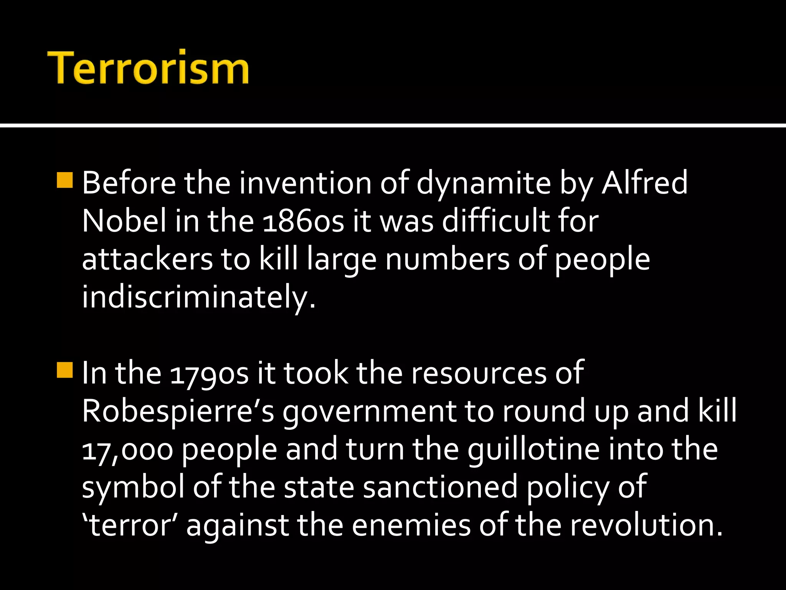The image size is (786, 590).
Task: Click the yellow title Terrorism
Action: click(148, 67)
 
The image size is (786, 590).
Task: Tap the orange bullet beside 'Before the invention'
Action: click(64, 181)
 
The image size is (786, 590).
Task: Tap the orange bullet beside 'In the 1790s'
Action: click(64, 370)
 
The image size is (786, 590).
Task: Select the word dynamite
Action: click(484, 184)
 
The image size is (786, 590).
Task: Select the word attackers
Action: click(147, 259)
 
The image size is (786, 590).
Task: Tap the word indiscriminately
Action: click(199, 298)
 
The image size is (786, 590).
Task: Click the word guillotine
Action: click(533, 449)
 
